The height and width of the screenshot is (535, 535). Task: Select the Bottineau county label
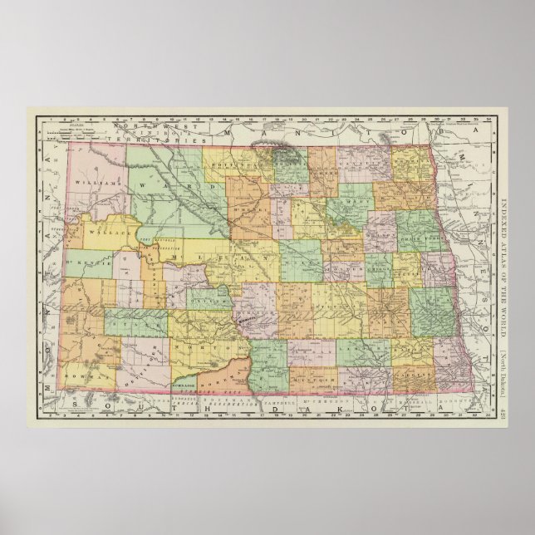(250, 163)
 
